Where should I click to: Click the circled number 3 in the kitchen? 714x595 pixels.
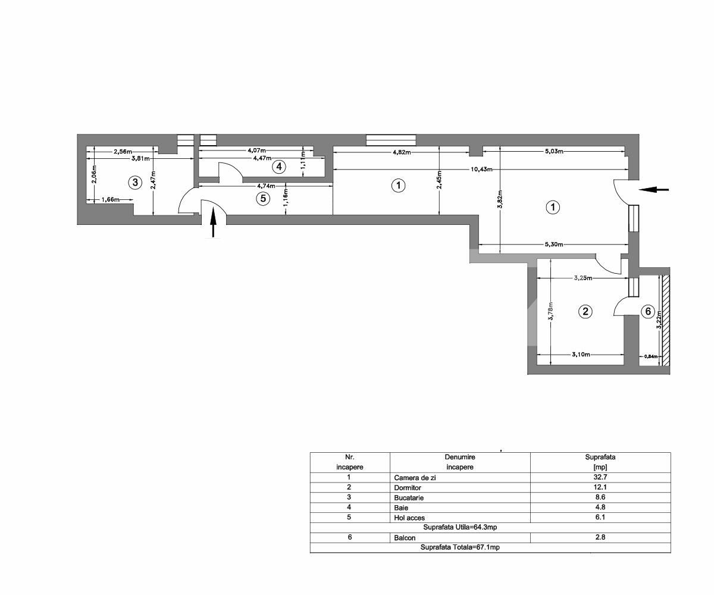[135, 182]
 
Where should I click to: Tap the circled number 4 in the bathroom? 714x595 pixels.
[279, 167]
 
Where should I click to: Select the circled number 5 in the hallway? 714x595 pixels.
[263, 198]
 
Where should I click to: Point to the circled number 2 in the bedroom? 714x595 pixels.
[585, 311]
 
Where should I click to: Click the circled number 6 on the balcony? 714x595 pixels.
[647, 311]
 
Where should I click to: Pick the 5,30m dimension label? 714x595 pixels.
[553, 245]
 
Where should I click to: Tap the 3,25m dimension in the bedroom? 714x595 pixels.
[583, 278]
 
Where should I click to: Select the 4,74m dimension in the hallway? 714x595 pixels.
[265, 186]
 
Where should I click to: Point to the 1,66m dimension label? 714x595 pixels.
[109, 200]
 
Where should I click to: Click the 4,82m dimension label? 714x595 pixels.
[402, 152]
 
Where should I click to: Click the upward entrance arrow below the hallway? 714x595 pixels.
[213, 224]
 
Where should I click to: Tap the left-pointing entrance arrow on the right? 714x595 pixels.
[654, 190]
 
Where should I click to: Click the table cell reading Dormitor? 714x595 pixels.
[408, 487]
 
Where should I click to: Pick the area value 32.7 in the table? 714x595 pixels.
[600, 477]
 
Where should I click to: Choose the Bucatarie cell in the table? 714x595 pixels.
[409, 497]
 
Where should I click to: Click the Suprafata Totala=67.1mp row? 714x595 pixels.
[460, 547]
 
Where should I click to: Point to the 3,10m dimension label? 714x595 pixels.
[581, 355]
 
